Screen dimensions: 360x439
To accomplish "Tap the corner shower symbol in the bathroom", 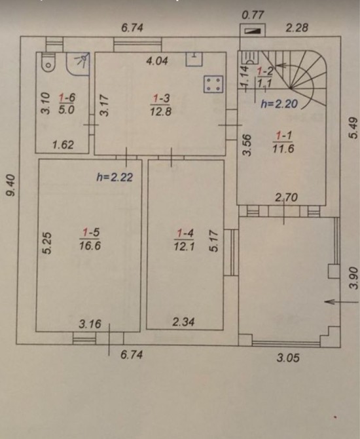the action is coord(79,64).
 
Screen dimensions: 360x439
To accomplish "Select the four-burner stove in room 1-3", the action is coord(213,84).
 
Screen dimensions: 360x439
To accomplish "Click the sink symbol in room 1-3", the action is coord(194,59).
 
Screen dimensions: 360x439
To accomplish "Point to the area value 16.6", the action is coord(90,246).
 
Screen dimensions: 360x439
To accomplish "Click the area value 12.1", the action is coord(184,246).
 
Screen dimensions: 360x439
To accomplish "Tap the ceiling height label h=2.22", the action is coord(115,177).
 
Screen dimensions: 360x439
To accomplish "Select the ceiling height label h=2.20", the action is coord(279,104).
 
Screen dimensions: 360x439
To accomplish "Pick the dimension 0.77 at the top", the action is coord(253,15).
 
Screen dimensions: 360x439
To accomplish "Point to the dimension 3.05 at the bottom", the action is coord(288,358).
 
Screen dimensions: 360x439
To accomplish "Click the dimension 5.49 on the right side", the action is coord(353,128).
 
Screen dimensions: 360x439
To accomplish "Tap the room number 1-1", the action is coord(284,136).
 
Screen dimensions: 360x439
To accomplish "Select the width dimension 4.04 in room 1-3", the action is coord(157,61).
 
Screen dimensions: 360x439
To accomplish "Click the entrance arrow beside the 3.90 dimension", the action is coord(341,302).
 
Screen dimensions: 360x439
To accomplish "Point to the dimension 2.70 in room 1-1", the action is coord(286,198).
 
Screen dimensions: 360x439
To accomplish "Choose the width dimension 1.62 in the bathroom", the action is coord(63,145).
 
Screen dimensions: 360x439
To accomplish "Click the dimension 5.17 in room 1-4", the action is coord(213,240).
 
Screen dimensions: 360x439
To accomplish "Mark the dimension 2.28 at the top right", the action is coord(297,28).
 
